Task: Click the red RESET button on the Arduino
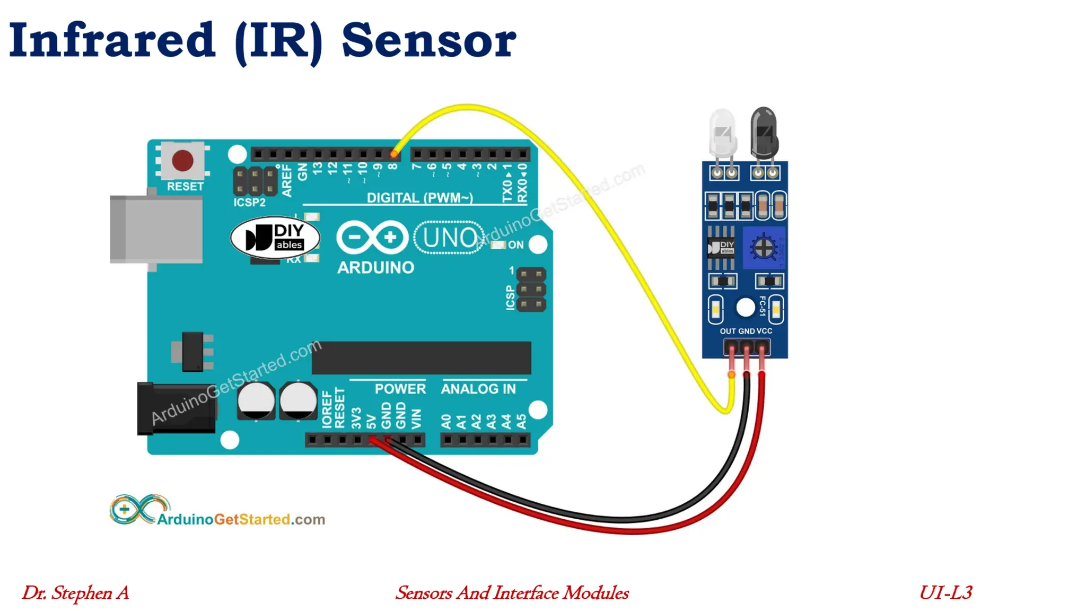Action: [x=182, y=161]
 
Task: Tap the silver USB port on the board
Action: [x=156, y=229]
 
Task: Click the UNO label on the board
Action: [x=449, y=238]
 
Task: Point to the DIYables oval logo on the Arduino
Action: [x=275, y=237]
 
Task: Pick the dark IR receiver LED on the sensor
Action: [x=764, y=133]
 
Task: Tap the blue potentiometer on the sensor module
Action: [x=763, y=248]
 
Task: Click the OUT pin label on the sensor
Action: [x=728, y=331]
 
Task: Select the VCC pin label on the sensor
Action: [x=764, y=331]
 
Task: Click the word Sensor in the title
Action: [x=428, y=41]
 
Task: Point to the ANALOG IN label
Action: [x=478, y=389]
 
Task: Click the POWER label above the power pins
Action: [x=400, y=389]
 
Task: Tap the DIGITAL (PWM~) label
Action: [x=419, y=198]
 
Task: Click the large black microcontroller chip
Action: [x=421, y=358]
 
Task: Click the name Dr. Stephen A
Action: [x=75, y=593]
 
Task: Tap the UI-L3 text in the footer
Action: [x=945, y=592]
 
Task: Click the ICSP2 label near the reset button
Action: [x=249, y=203]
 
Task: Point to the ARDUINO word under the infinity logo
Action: [x=375, y=267]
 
